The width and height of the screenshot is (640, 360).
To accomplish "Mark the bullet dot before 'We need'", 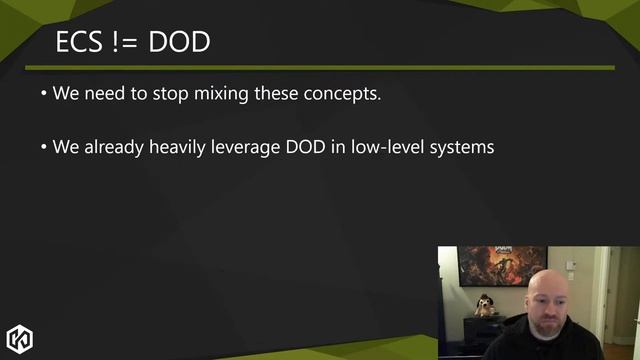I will point(44,96).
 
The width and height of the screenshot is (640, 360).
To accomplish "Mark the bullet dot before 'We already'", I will point(44,148).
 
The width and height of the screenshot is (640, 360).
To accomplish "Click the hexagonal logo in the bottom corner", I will point(20,338).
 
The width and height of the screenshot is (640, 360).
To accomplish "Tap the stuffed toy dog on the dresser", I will point(485,305).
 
